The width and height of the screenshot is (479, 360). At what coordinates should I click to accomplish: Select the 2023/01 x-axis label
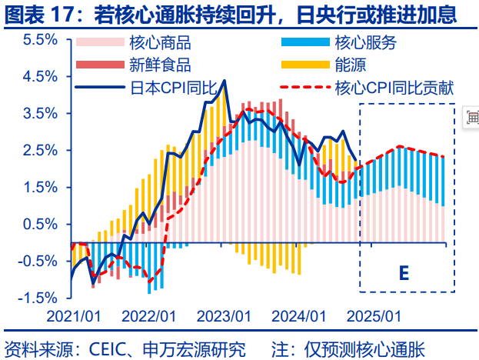pyautogui.click(x=223, y=316)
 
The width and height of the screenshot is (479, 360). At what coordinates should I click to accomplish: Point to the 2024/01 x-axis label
pyautogui.click(x=298, y=316)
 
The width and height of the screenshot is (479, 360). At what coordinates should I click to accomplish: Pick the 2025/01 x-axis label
pyautogui.click(x=374, y=316)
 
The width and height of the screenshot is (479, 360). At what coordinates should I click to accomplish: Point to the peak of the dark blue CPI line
pyautogui.click(x=224, y=80)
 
